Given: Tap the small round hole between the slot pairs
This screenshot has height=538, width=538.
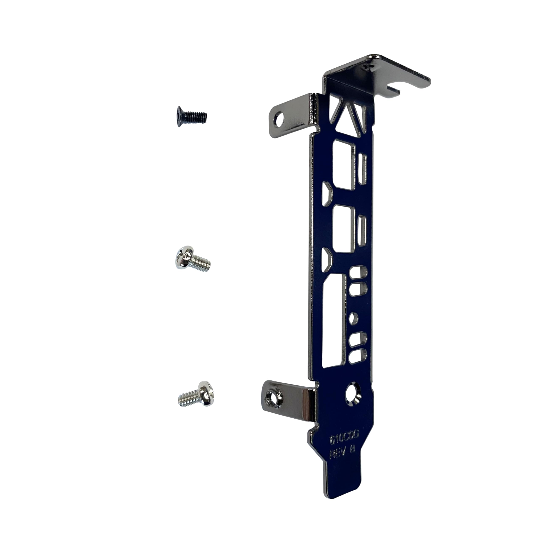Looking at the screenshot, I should (354, 319).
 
